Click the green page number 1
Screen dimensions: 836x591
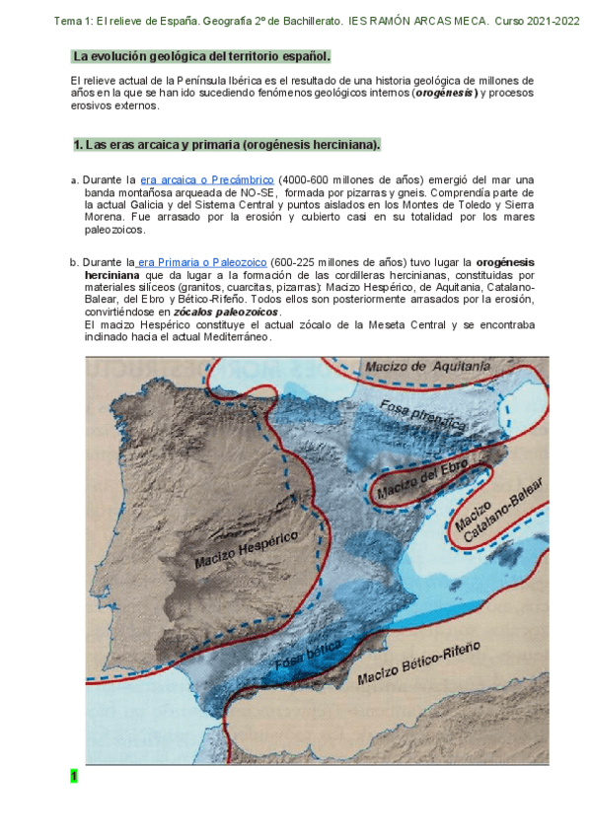[73, 776]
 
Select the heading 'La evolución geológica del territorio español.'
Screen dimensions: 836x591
[202, 57]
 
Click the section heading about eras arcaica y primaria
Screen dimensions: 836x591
[227, 145]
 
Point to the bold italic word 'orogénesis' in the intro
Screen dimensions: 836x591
[445, 93]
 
